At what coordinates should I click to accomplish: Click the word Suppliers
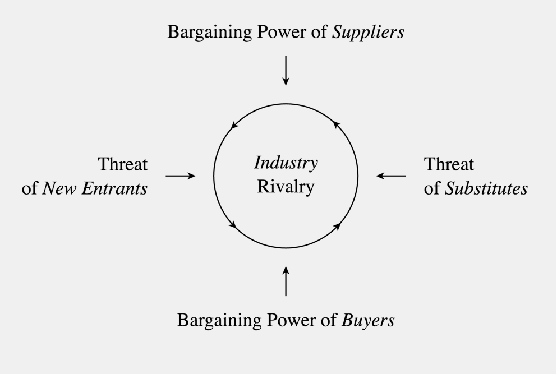[367, 33]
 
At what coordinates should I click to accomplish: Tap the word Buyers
[367, 320]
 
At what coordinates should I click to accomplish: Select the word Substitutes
[486, 188]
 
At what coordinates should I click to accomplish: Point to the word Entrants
[114, 188]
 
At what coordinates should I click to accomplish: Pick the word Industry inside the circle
[286, 163]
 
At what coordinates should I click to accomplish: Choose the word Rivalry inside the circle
[286, 187]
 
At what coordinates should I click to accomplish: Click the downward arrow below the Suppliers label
[286, 70]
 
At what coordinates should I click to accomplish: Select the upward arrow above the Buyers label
[286, 281]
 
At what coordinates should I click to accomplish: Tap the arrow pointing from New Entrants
[181, 176]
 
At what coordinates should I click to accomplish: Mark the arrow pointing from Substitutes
[391, 176]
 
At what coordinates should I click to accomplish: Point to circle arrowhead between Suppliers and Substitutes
[336, 124]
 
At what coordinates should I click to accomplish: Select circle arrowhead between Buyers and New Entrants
[233, 225]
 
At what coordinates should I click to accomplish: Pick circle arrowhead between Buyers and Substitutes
[338, 226]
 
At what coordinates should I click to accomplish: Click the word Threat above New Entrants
[122, 164]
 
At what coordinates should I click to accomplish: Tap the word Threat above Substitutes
[449, 164]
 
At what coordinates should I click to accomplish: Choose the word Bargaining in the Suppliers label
[210, 33]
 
